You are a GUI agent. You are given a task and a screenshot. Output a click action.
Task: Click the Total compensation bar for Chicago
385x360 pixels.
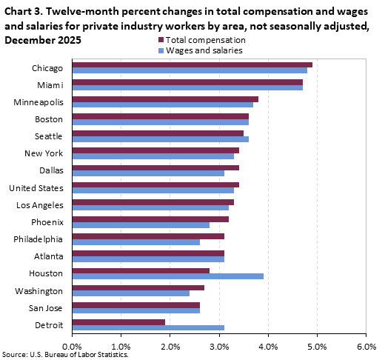coord(192,64)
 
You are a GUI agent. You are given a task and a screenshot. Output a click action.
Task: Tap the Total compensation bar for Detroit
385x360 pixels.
coord(118,321)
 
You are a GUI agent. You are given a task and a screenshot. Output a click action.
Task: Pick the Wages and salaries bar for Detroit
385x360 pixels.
coord(148,327)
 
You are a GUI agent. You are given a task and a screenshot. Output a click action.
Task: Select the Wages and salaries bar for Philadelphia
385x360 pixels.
coord(135,241)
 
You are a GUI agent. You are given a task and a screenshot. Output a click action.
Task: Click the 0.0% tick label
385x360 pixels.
coord(72,345)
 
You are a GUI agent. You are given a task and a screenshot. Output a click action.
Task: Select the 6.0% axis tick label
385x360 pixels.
coord(366,345)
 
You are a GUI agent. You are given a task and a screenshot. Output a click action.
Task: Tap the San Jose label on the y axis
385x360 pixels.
coord(47,307)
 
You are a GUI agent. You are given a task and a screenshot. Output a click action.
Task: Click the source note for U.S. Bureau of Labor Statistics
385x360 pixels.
coord(59,355)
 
